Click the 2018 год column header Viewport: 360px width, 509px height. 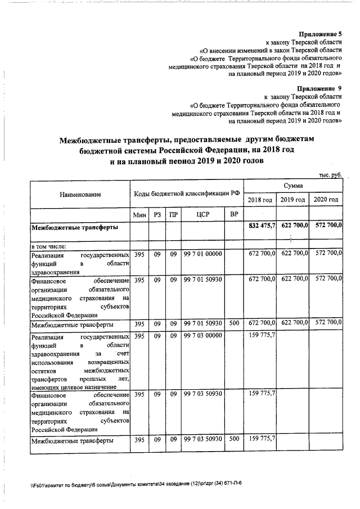(260, 200)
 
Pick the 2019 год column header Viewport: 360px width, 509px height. (292, 200)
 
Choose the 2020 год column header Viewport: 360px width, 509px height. (326, 200)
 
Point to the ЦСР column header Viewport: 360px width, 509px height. (203, 215)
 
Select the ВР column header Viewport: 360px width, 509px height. (233, 215)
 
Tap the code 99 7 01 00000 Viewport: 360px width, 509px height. (202, 254)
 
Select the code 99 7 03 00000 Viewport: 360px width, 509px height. (202, 336)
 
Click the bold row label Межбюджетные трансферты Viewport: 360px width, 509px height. (74, 228)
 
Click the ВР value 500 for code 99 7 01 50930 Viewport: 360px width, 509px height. (233, 325)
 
